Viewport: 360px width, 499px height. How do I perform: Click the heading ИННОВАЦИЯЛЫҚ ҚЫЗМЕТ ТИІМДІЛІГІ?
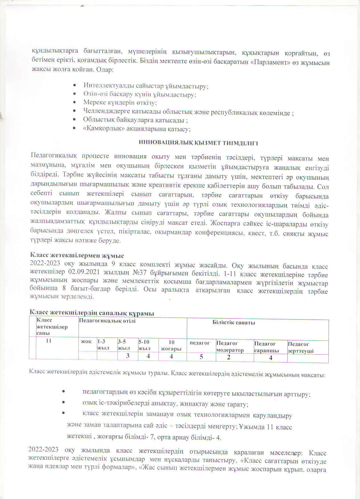click(198, 143)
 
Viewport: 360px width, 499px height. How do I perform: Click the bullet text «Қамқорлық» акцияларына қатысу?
click(137, 129)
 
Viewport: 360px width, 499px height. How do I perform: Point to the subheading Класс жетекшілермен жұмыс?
click(77, 255)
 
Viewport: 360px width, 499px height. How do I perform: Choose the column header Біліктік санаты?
click(234, 323)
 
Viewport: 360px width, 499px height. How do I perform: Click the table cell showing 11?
click(49, 341)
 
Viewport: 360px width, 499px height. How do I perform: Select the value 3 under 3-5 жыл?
click(128, 356)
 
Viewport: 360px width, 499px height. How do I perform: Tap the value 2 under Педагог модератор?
click(229, 357)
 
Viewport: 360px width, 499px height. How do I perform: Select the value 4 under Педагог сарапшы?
click(271, 358)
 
